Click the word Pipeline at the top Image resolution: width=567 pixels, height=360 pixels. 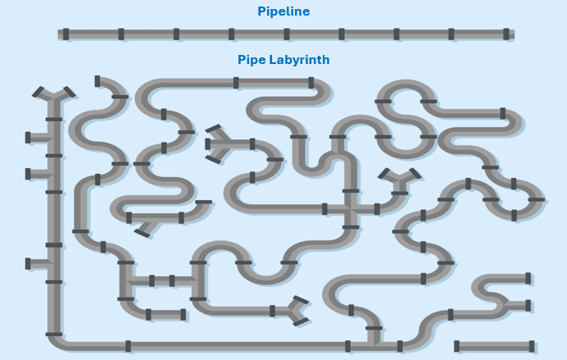[283, 11]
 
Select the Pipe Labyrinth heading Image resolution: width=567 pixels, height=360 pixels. [283, 60]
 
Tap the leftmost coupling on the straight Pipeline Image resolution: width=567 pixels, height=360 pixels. [66, 34]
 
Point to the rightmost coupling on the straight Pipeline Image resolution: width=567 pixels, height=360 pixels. [506, 34]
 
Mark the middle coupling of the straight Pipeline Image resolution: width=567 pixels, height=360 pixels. [286, 34]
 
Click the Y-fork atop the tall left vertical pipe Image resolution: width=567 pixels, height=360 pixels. [53, 94]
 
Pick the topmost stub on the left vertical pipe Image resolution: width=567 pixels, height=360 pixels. [36, 138]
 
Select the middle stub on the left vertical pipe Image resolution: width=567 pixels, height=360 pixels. [36, 174]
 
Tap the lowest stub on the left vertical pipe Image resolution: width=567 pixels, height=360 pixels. [36, 263]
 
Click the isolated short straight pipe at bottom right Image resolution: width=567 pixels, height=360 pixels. [494, 346]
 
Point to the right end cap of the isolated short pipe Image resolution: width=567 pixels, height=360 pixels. [532, 346]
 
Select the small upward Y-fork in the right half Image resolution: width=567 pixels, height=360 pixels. [400, 178]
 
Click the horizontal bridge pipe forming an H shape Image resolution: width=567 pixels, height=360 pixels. [161, 280]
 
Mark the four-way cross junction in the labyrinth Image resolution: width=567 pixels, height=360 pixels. [351, 208]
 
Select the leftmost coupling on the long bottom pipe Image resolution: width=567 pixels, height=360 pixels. [128, 346]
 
